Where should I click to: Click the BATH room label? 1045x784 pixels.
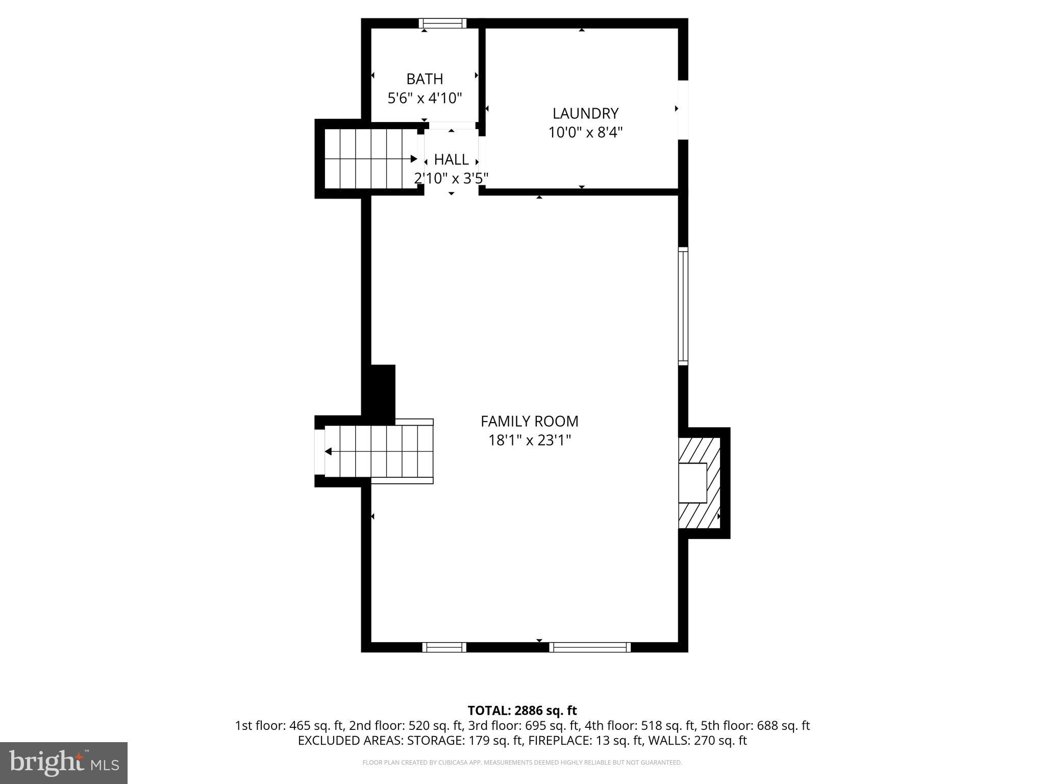pyautogui.click(x=425, y=79)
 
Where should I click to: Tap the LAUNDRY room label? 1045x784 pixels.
pyautogui.click(x=585, y=113)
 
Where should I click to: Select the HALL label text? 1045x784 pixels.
pyautogui.click(x=451, y=160)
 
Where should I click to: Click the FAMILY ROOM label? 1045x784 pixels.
pyautogui.click(x=529, y=421)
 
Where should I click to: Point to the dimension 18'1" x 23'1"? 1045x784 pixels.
pyautogui.click(x=529, y=440)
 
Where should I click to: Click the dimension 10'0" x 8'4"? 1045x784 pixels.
pyautogui.click(x=585, y=133)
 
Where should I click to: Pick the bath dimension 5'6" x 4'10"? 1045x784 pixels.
pyautogui.click(x=425, y=98)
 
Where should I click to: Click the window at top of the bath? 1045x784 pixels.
pyautogui.click(x=442, y=23)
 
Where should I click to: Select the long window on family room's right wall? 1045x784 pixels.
pyautogui.click(x=683, y=306)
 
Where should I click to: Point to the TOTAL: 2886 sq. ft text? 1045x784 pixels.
pyautogui.click(x=522, y=710)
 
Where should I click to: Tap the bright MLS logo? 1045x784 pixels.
pyautogui.click(x=64, y=763)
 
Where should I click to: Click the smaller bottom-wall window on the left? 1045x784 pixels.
pyautogui.click(x=444, y=647)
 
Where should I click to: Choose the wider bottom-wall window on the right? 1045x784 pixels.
pyautogui.click(x=590, y=647)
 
